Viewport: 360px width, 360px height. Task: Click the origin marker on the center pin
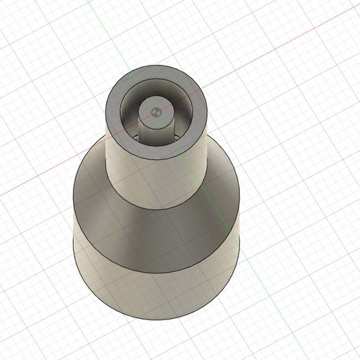coord(157,110)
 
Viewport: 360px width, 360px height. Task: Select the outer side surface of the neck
coord(157,174)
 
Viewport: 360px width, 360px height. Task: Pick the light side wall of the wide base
coord(157,297)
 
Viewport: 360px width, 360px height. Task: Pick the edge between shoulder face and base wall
coord(157,273)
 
